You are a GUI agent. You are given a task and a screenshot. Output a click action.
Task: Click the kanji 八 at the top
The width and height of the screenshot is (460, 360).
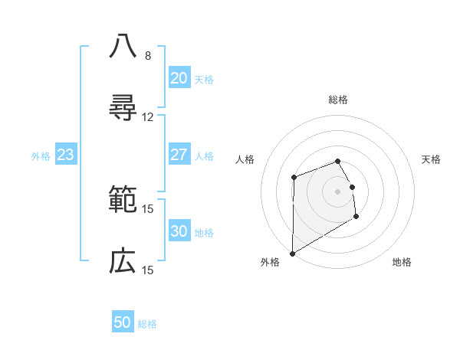(x=123, y=46)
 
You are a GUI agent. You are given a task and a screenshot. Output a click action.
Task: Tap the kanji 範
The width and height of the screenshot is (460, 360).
(x=123, y=200)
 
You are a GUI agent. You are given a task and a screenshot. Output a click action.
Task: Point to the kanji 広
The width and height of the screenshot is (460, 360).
(x=123, y=261)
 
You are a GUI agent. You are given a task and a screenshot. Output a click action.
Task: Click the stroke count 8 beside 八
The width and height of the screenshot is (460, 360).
(x=148, y=56)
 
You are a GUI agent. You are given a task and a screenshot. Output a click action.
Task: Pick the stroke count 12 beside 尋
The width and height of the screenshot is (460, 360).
(x=148, y=117)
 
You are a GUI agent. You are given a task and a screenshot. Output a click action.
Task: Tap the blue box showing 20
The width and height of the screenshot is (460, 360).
(x=179, y=78)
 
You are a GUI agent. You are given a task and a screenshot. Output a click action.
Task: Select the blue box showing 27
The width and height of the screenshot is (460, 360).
(x=179, y=155)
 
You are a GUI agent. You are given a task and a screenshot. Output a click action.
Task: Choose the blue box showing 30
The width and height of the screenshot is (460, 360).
(x=179, y=231)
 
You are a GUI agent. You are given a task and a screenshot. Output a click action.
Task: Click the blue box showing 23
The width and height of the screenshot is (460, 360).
(x=65, y=155)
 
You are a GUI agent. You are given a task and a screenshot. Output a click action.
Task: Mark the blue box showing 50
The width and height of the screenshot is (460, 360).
(x=123, y=322)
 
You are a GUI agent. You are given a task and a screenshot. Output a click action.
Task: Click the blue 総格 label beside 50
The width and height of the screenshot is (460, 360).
(x=147, y=324)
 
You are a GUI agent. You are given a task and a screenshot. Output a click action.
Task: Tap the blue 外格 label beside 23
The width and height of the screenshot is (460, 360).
(x=41, y=156)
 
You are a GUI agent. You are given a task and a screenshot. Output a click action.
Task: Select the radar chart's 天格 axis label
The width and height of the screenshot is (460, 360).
(x=431, y=159)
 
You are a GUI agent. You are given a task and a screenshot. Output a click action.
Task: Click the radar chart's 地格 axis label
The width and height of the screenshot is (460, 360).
(x=402, y=262)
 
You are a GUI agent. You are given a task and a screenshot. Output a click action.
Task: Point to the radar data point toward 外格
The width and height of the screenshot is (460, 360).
(x=292, y=253)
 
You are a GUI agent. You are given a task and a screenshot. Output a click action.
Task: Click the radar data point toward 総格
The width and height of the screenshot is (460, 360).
(x=337, y=161)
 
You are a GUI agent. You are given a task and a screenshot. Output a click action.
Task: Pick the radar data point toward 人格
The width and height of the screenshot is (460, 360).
(x=294, y=178)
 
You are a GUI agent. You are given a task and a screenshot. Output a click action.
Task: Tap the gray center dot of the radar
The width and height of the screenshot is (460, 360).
(x=337, y=191)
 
